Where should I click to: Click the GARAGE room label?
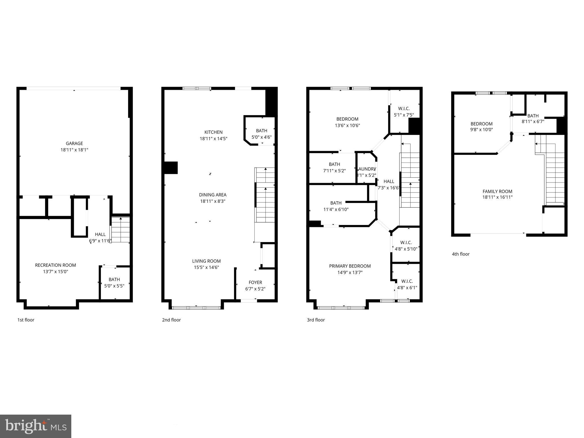[x=74, y=143]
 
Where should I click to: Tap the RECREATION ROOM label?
[x=55, y=265]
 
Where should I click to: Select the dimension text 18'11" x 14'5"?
[x=213, y=139]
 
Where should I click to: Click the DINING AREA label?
[x=213, y=195]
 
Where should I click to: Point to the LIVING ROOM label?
[x=206, y=261]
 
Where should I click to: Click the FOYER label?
[x=255, y=282]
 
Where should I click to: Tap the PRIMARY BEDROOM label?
[x=350, y=266]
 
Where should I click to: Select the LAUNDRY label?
[x=367, y=169]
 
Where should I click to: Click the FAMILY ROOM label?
[x=497, y=191]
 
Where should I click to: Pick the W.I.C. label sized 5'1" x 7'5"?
[x=404, y=109]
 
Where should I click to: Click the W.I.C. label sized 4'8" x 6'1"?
[x=407, y=281]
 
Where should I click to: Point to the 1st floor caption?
[x=26, y=320]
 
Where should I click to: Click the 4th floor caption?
[x=461, y=254]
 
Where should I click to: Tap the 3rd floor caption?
[x=316, y=320]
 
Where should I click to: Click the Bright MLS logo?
[x=36, y=426]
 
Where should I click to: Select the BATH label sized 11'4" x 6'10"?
[x=336, y=203]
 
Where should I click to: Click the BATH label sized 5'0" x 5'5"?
[x=114, y=279]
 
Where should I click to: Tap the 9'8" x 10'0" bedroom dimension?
[x=481, y=129]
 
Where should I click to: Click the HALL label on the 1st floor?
[x=100, y=234]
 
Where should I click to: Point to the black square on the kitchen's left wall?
[x=171, y=168]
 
